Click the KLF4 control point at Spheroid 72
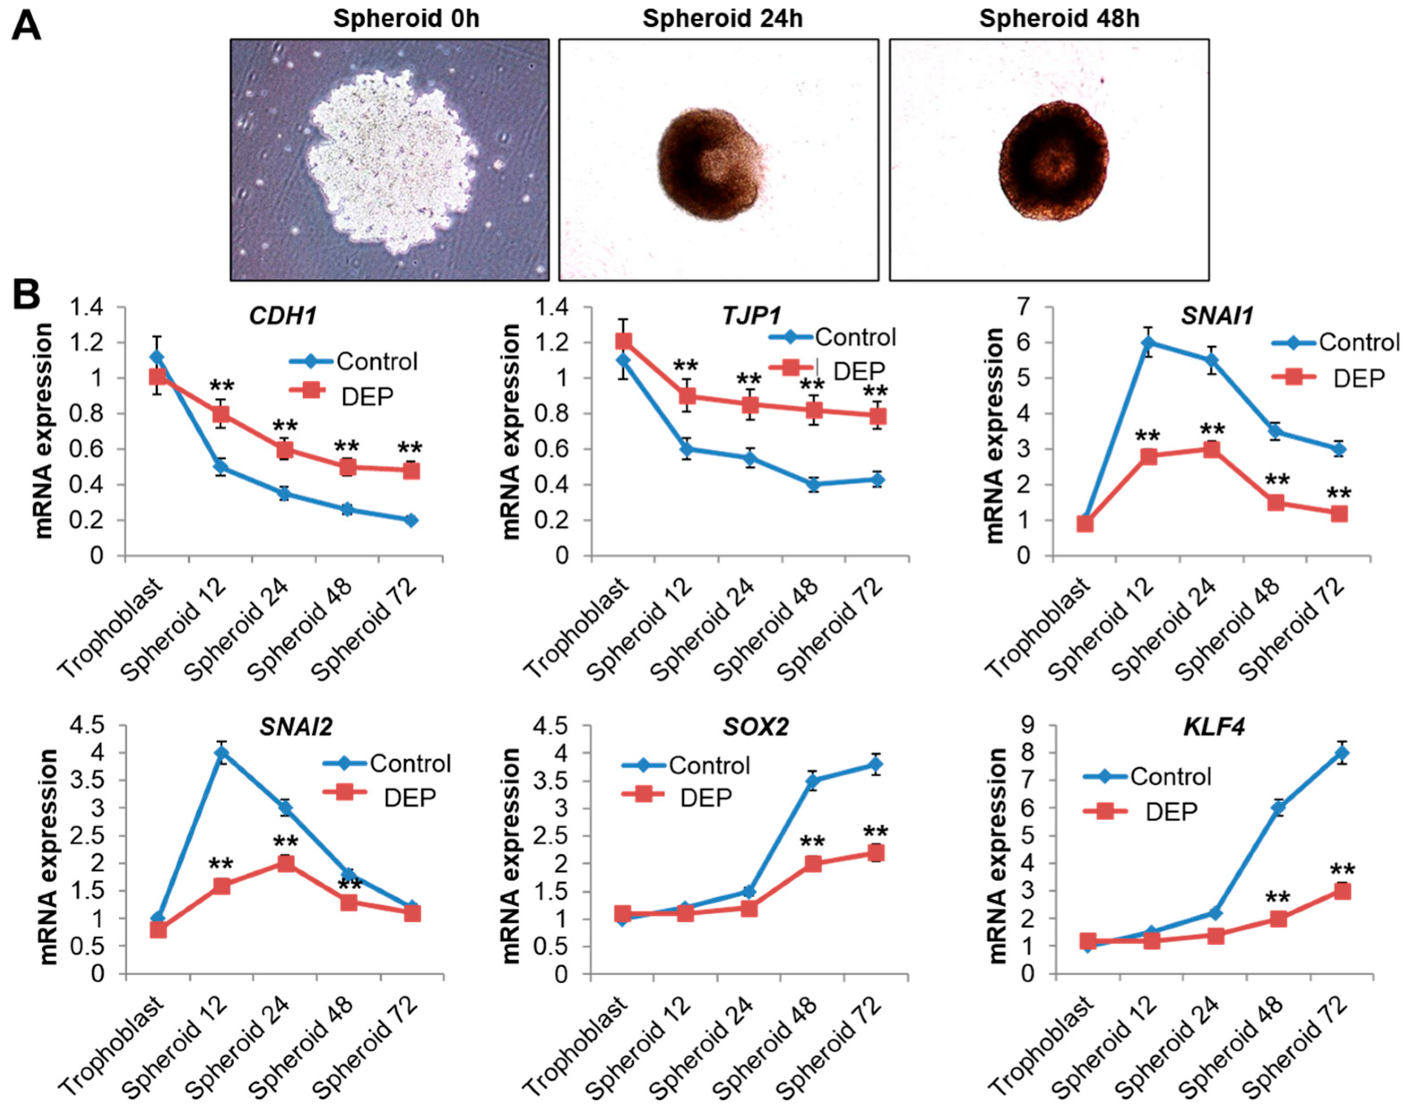[x=1338, y=753]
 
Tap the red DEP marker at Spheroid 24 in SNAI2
[x=285, y=863]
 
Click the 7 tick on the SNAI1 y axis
[x=1036, y=308]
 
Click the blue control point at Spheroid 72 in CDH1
[x=411, y=520]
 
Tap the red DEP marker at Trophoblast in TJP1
[x=623, y=341]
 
